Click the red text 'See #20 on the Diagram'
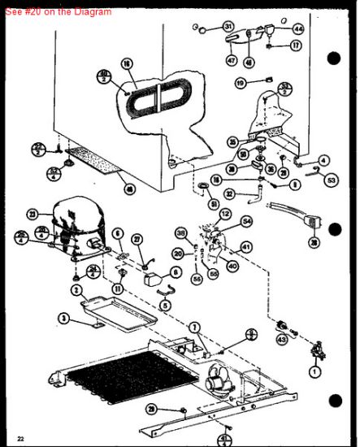(57, 11)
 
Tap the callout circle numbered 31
(228, 27)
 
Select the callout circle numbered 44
(298, 28)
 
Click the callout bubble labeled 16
(127, 63)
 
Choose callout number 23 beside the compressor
(33, 214)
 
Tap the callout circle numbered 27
(137, 239)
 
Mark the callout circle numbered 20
(178, 254)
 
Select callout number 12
(225, 214)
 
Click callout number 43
(281, 339)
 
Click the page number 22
(20, 439)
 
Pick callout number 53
(331, 180)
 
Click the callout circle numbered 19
(241, 83)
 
